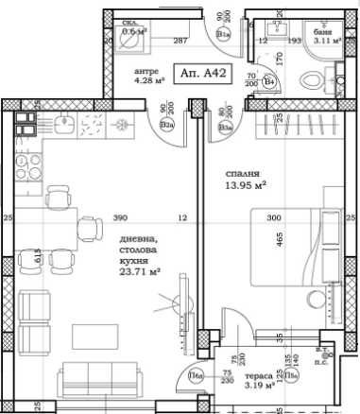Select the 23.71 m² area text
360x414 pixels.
coord(139,269)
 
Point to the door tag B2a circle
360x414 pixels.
coord(166,122)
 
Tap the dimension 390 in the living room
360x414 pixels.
coord(119,218)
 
